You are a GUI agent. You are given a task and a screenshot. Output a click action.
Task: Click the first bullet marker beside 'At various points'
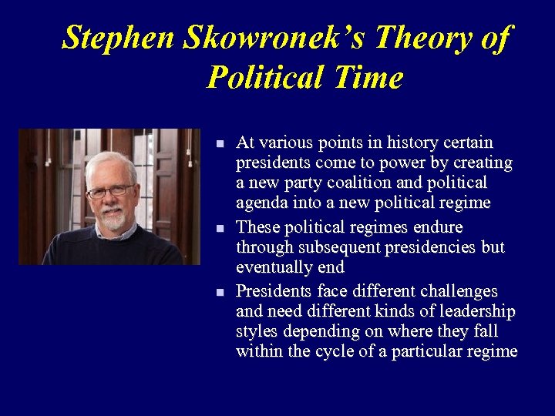(220, 144)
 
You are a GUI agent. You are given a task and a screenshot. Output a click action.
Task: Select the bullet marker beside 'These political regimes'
(220, 229)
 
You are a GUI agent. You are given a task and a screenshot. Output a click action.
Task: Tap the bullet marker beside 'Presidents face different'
(220, 293)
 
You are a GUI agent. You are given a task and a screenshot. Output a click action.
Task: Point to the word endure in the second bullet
(436, 227)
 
